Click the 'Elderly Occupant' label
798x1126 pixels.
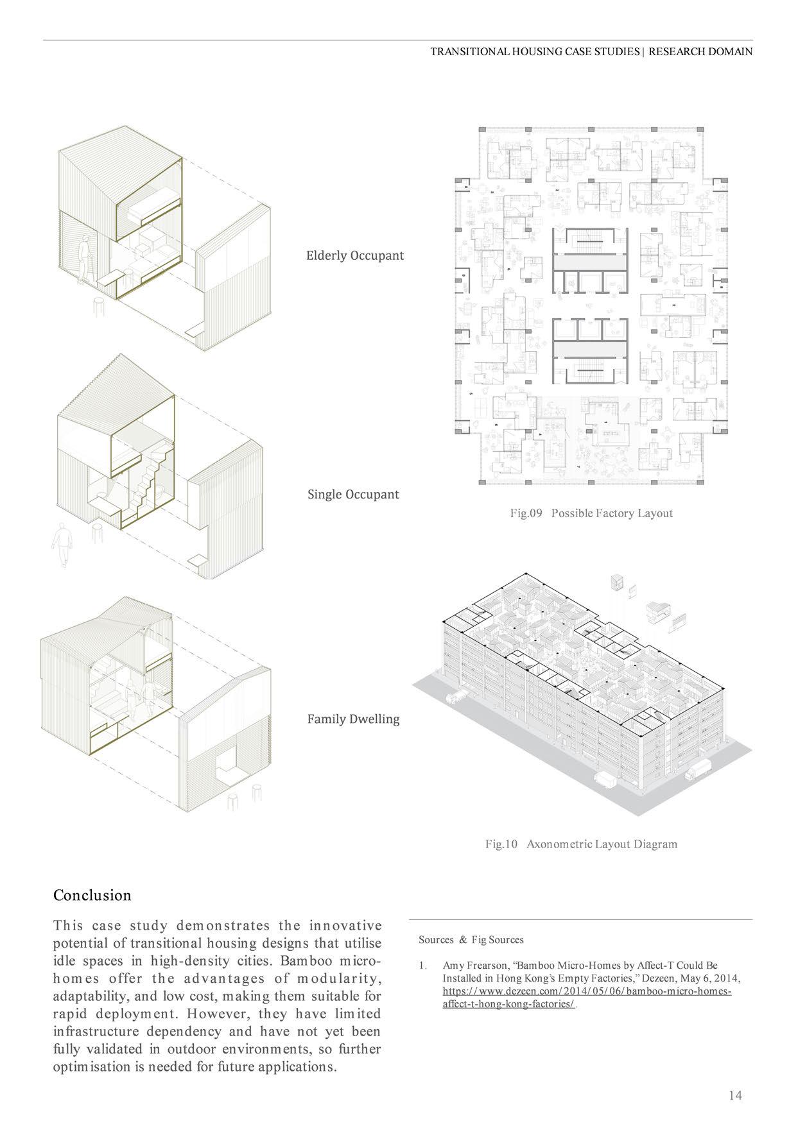tap(354, 255)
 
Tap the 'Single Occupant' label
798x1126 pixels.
tap(353, 495)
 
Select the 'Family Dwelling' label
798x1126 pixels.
tap(353, 719)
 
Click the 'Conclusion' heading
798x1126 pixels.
tap(92, 895)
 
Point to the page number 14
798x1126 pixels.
tap(735, 1095)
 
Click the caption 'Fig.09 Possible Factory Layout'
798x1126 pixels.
tap(591, 513)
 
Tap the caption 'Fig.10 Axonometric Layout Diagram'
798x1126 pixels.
tap(581, 844)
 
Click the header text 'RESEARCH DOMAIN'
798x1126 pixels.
tap(700, 52)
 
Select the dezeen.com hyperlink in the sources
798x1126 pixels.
tap(587, 991)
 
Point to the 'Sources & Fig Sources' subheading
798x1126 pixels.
tap(471, 940)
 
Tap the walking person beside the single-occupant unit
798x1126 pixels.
tap(61, 545)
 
